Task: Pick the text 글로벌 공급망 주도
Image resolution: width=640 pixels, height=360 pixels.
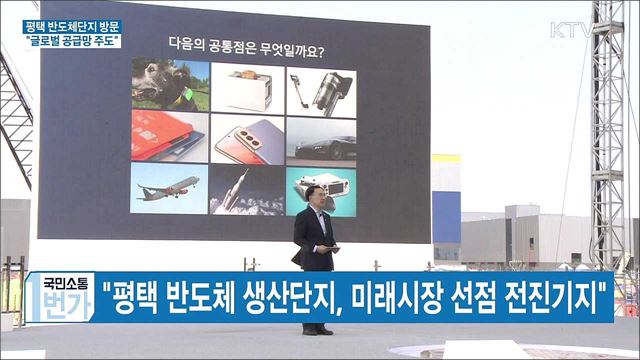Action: tap(73, 41)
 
